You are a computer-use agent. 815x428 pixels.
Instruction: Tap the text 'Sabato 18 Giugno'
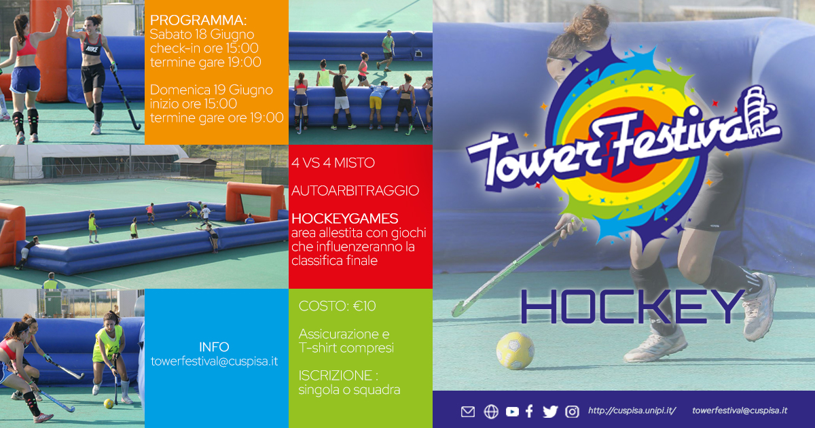202,35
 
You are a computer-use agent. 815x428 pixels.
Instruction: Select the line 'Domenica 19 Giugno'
211,90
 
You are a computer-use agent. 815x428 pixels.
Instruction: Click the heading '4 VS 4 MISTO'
333,163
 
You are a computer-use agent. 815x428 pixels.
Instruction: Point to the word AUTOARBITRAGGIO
355,191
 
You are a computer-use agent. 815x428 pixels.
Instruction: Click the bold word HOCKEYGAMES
345,219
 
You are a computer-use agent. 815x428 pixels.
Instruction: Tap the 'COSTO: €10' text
338,306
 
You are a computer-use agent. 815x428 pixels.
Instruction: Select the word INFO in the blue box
214,347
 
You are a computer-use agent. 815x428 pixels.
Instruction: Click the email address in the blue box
215,361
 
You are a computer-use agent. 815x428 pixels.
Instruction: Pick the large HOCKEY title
632,306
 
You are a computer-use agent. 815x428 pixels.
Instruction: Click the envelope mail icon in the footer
468,412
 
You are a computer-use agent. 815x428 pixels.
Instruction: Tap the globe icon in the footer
491,412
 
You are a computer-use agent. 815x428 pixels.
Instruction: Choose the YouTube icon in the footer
512,412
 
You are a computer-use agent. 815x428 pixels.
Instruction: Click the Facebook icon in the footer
529,411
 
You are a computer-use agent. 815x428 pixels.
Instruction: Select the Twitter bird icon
550,412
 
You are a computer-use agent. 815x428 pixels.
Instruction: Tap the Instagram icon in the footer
572,412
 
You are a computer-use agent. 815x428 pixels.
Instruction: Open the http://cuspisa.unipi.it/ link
632,411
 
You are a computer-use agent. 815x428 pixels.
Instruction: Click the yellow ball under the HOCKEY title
515,351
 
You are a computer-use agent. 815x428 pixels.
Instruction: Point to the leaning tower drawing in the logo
759,109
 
